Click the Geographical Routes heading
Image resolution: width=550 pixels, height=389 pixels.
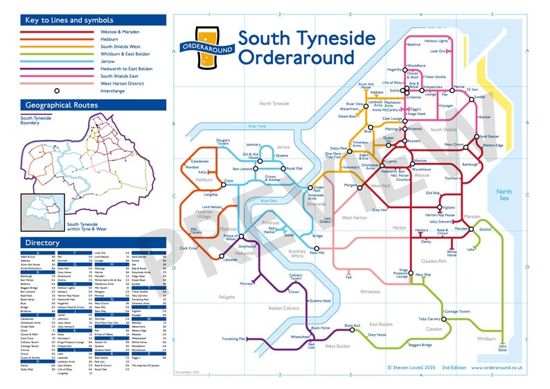pyautogui.click(x=62, y=105)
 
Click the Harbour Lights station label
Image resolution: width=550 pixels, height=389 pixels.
pyautogui.click(x=436, y=41)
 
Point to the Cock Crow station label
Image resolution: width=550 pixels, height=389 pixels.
pyautogui.click(x=188, y=248)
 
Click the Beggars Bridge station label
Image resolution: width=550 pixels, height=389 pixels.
pyautogui.click(x=420, y=345)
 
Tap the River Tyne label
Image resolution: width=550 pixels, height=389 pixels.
pyautogui.click(x=258, y=127)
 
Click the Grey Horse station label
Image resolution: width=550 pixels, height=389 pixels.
pyautogui.click(x=377, y=335)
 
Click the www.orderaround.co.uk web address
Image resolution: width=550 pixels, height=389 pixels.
pyautogui.click(x=497, y=368)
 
